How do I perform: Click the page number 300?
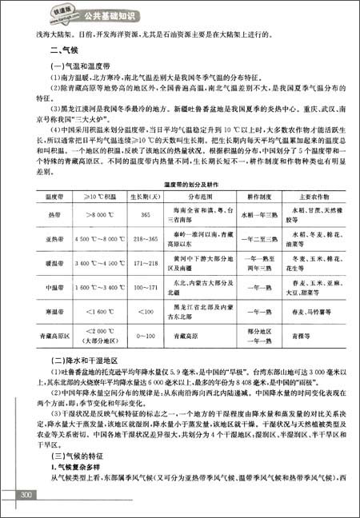coord(26,496)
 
